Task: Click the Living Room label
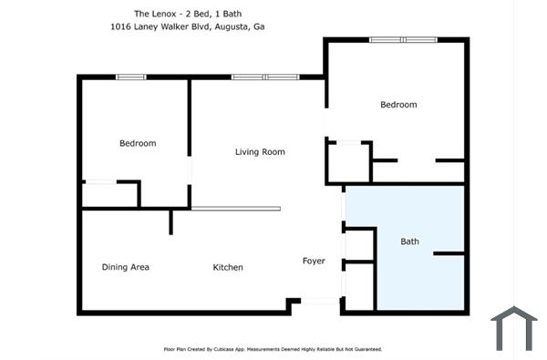coord(260,152)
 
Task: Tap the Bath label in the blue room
coord(410,242)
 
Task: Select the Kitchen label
coord(228,267)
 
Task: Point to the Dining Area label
coord(125,267)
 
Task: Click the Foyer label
coord(314,262)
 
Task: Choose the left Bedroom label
coord(138,143)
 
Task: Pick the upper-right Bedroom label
coord(398,105)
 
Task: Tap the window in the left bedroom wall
coord(131,77)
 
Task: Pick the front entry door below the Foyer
coord(320,301)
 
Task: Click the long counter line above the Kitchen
coord(235,209)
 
